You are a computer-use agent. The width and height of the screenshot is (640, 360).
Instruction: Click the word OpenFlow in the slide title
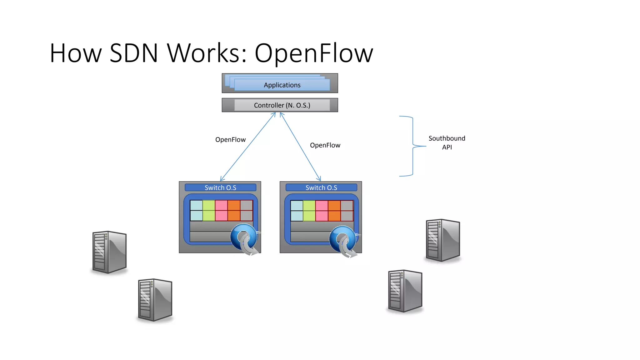point(314,53)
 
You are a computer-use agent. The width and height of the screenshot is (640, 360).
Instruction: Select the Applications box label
point(282,85)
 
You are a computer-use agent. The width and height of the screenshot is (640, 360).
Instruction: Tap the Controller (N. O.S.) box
point(282,105)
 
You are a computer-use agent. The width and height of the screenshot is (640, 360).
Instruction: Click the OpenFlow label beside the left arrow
point(230,140)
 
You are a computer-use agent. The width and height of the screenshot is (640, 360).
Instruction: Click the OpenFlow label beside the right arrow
point(325,145)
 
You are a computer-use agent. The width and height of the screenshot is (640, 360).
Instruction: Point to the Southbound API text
point(447,142)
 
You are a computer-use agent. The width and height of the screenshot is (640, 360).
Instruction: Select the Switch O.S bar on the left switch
point(220,187)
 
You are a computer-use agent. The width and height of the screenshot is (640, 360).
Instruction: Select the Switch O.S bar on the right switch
point(321,187)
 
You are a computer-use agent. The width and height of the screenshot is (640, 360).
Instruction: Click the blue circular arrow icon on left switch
point(244,237)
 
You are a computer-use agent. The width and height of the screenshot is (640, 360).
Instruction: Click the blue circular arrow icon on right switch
point(343,239)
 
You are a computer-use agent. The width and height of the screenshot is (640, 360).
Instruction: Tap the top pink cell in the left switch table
point(221,205)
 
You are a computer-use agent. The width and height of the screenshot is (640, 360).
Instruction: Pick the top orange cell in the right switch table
point(334,206)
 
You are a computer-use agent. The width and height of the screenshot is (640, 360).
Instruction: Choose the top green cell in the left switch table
point(209,205)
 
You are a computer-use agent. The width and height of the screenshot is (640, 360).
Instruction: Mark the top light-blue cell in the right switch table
point(297,206)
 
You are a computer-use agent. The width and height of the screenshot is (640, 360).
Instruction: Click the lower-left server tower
point(155,300)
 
